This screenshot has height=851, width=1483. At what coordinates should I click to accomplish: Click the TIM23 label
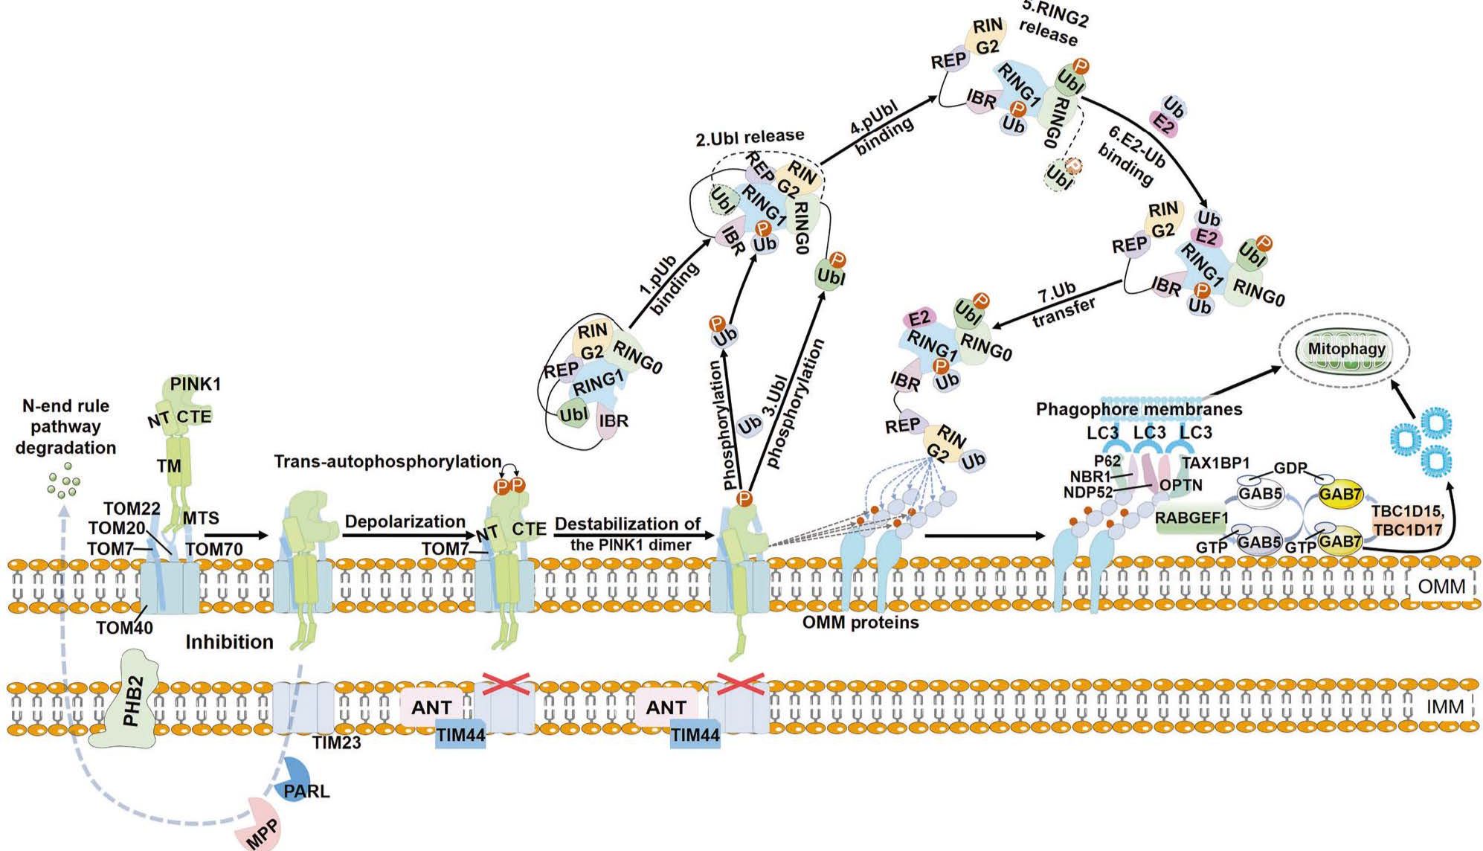click(336, 742)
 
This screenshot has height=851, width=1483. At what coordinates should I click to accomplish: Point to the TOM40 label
click(124, 627)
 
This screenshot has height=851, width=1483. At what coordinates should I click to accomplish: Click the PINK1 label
click(196, 384)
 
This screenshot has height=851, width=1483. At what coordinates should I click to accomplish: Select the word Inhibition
click(229, 641)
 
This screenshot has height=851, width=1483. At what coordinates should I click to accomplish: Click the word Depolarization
click(405, 521)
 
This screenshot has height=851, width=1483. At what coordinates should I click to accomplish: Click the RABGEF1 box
click(1192, 518)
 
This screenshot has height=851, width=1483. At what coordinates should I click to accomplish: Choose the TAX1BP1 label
click(1216, 463)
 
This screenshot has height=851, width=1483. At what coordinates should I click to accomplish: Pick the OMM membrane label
click(1441, 587)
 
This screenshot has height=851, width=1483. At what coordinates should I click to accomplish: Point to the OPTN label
click(1181, 485)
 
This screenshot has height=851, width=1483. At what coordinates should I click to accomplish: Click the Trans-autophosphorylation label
click(387, 461)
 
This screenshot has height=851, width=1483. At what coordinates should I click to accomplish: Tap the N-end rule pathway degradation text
click(66, 426)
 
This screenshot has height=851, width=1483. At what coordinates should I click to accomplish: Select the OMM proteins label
click(860, 622)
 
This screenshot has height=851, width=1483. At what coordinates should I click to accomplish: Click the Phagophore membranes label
click(1139, 409)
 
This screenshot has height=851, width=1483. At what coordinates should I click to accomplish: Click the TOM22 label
click(132, 509)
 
